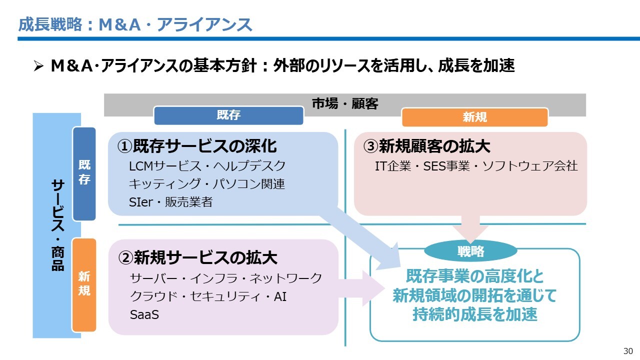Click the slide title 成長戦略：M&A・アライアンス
click(135, 24)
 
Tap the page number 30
click(628, 350)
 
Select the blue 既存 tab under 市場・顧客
click(228, 115)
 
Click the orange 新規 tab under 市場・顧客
click(474, 117)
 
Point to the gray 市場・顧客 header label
click(345, 104)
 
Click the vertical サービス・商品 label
click(57, 225)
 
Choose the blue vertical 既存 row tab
click(84, 173)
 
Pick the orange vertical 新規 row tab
click(84, 284)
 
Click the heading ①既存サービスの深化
click(197, 146)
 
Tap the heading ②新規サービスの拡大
click(197, 257)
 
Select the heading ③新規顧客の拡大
click(427, 146)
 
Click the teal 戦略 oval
click(470, 251)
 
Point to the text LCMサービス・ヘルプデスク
click(207, 165)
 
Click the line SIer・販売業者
click(170, 202)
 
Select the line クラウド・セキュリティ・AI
click(208, 296)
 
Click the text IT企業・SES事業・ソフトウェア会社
click(476, 166)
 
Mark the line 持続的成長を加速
click(474, 315)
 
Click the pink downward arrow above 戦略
click(470, 227)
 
